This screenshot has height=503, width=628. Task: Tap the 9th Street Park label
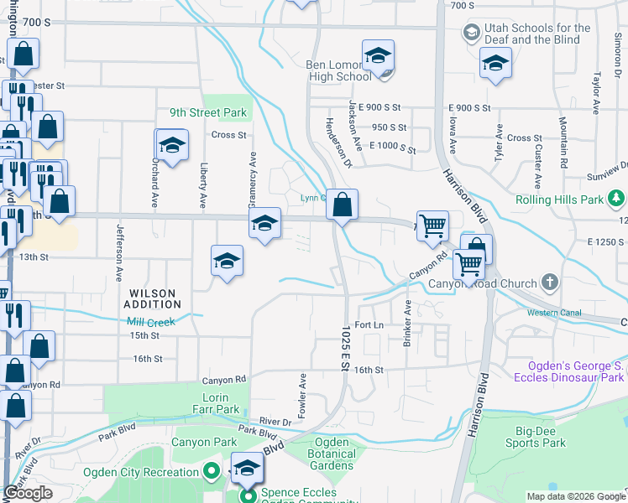pyautogui.click(x=207, y=112)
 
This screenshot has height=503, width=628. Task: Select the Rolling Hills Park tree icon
pyautogui.click(x=617, y=199)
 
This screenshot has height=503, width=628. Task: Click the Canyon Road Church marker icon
pyautogui.click(x=550, y=283)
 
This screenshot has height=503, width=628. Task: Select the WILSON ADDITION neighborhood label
pyautogui.click(x=152, y=298)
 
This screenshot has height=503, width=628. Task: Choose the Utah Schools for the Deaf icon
pyautogui.click(x=472, y=33)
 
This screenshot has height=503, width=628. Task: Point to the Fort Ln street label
pyautogui.click(x=369, y=324)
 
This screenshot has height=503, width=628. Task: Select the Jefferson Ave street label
pyautogui.click(x=120, y=251)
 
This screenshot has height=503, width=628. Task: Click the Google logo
pyautogui.click(x=28, y=494)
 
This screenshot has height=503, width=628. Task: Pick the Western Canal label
pyautogui.click(x=554, y=313)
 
